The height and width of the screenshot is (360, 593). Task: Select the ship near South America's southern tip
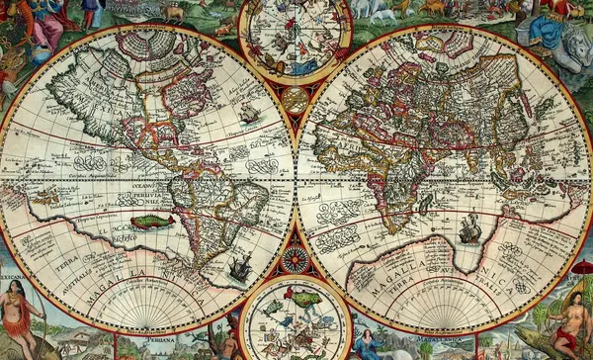[x=239, y=266]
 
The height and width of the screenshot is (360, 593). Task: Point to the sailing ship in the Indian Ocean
[x=470, y=229]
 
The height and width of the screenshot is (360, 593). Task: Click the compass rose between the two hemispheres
[x=295, y=259]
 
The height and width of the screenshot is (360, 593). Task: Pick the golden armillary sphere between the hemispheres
[x=295, y=100]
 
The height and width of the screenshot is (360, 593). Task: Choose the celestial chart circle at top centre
[x=296, y=39]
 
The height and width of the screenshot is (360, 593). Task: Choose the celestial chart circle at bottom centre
[x=295, y=318]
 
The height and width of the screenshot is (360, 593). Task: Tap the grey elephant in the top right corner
[x=569, y=45]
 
